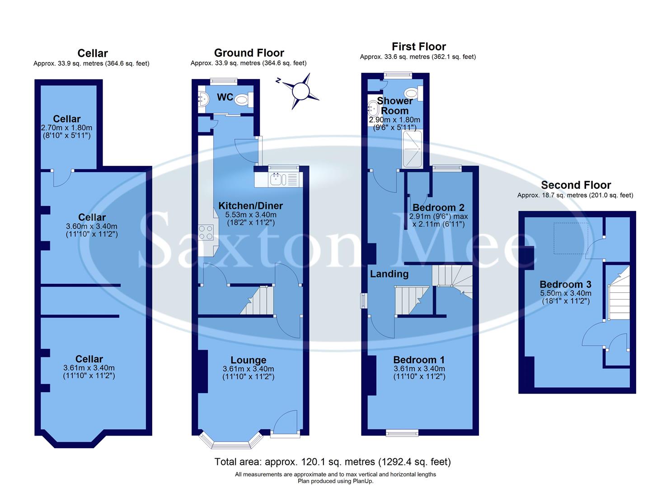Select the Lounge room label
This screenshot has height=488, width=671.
(x=248, y=360)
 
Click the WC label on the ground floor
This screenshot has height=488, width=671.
(x=225, y=97)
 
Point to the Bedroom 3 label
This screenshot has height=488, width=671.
(x=565, y=284)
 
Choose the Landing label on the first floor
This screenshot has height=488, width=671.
(x=389, y=274)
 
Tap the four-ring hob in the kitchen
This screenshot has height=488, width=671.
(x=206, y=232)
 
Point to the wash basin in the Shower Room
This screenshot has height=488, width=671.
(x=373, y=108)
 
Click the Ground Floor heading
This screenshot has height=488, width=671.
(x=249, y=53)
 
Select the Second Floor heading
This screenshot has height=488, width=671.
(x=576, y=185)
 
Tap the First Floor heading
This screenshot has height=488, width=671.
(x=418, y=47)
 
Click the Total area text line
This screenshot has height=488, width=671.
(x=332, y=462)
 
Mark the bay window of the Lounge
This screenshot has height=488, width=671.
(x=230, y=441)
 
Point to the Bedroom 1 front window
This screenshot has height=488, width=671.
(x=402, y=433)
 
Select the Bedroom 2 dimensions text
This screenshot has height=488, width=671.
(x=438, y=220)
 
